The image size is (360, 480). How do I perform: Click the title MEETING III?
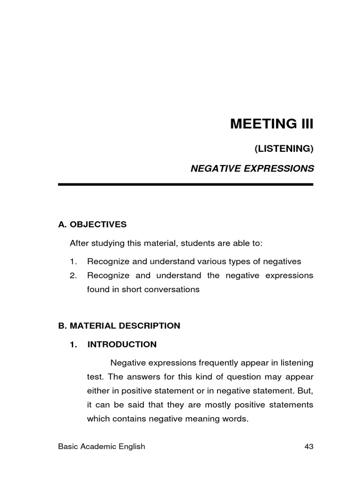(x=271, y=125)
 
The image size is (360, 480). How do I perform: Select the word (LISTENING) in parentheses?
(x=284, y=149)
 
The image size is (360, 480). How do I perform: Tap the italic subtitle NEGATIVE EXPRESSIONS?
(x=252, y=169)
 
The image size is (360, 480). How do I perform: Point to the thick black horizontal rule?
(x=186, y=185)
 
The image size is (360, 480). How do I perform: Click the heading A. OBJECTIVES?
(x=92, y=225)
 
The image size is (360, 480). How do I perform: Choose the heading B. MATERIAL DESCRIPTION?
(x=119, y=326)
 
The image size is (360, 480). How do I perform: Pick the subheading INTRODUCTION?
(x=122, y=345)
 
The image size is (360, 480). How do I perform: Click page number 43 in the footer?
(x=308, y=447)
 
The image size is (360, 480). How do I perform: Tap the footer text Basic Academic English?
(x=102, y=447)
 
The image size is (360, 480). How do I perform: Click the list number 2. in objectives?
(x=73, y=276)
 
